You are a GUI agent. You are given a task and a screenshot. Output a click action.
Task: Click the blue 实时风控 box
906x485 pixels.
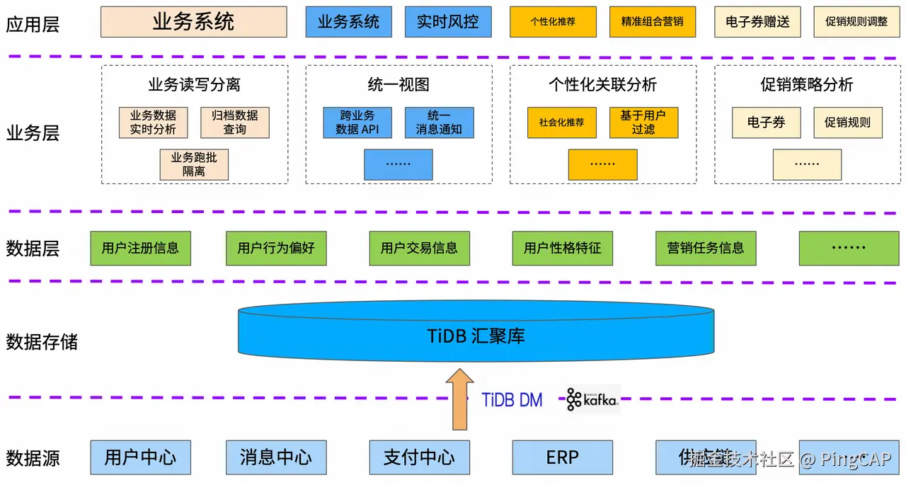pyautogui.click(x=447, y=22)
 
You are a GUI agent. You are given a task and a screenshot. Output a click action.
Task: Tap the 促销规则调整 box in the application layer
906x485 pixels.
pyautogui.click(x=856, y=22)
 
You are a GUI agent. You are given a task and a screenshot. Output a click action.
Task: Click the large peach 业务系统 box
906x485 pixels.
pyautogui.click(x=193, y=22)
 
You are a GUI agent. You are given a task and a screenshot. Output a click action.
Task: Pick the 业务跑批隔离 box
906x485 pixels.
pyautogui.click(x=194, y=164)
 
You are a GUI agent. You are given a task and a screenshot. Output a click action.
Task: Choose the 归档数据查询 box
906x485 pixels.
pyautogui.click(x=235, y=122)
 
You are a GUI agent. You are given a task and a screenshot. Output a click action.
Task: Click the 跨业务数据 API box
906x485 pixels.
pyautogui.click(x=357, y=122)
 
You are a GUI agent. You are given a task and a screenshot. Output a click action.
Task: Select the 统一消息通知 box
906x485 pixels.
pyautogui.click(x=439, y=122)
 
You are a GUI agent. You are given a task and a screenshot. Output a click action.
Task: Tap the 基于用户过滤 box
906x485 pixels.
pyautogui.click(x=643, y=122)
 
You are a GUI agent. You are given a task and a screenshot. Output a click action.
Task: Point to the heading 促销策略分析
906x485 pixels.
pyautogui.click(x=807, y=85)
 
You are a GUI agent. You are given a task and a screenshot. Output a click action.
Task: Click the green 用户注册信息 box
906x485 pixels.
pyautogui.click(x=140, y=249)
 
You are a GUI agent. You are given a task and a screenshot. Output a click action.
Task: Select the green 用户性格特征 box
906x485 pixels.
pyautogui.click(x=562, y=249)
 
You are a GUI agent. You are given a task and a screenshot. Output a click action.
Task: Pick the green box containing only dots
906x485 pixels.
pyautogui.click(x=848, y=249)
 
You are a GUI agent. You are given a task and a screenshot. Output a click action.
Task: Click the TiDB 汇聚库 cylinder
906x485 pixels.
pyautogui.click(x=476, y=335)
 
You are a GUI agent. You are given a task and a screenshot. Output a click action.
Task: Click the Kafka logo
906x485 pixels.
pyautogui.click(x=592, y=400)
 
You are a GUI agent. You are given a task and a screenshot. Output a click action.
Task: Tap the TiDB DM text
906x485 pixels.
pyautogui.click(x=512, y=400)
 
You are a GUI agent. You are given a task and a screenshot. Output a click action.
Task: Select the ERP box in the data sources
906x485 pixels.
pyautogui.click(x=562, y=457)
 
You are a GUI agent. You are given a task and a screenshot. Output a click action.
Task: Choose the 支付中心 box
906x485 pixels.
pyautogui.click(x=419, y=457)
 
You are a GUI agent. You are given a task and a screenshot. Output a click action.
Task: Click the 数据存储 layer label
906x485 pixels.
pyautogui.click(x=42, y=343)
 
